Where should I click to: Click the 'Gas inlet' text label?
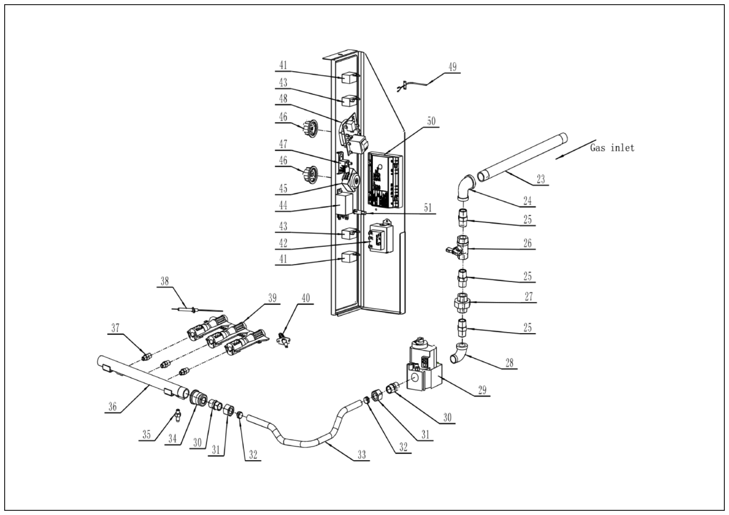(612, 148)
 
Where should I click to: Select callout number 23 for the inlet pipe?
(540, 179)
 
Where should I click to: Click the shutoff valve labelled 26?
(461, 247)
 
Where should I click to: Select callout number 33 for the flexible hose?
(362, 455)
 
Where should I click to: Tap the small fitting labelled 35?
(178, 415)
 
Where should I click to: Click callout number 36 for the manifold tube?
(112, 406)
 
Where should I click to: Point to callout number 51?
(428, 208)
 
